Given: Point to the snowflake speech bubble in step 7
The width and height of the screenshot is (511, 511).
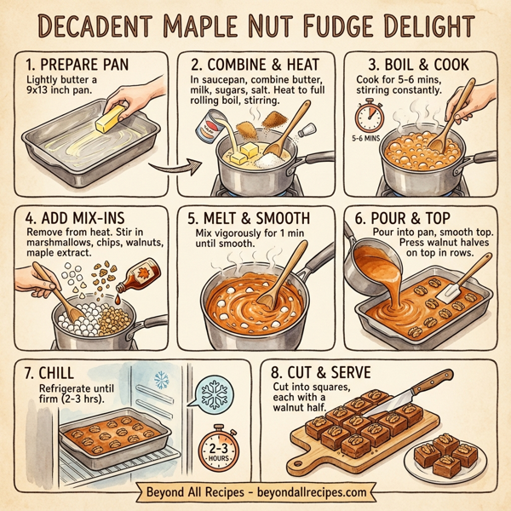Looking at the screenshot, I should point(210,396).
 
